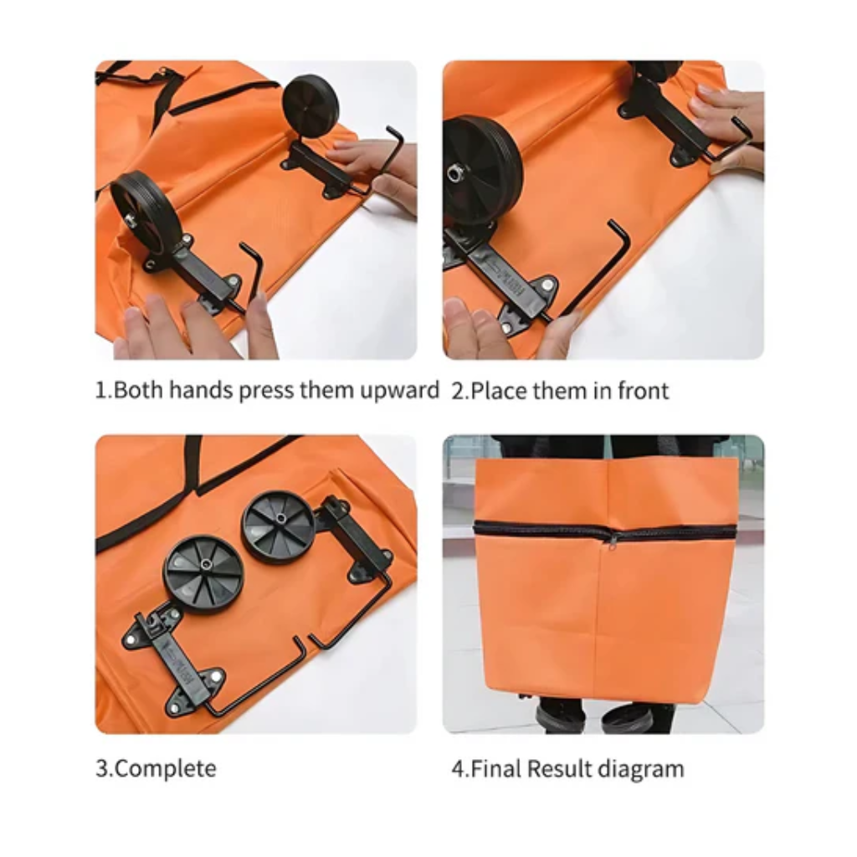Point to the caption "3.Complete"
156,768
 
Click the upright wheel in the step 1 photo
310,104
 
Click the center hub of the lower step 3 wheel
206,565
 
